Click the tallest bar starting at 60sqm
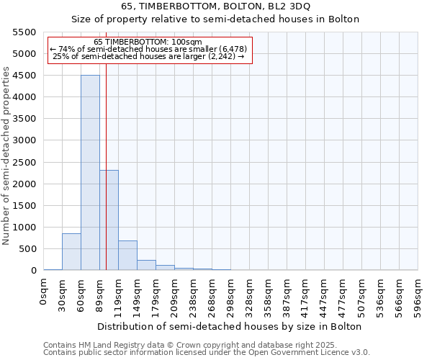[x=90, y=173]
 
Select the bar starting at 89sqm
[x=109, y=220]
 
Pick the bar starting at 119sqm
[x=127, y=255]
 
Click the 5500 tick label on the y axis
[x=24, y=32]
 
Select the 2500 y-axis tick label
[x=24, y=162]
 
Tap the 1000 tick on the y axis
[x=24, y=228]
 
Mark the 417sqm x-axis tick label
[x=305, y=296]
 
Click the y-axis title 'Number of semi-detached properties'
[x=7, y=156]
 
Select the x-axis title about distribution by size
[x=230, y=326]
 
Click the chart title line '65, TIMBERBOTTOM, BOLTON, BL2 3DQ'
[x=216, y=6]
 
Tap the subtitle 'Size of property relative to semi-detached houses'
[x=216, y=19]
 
